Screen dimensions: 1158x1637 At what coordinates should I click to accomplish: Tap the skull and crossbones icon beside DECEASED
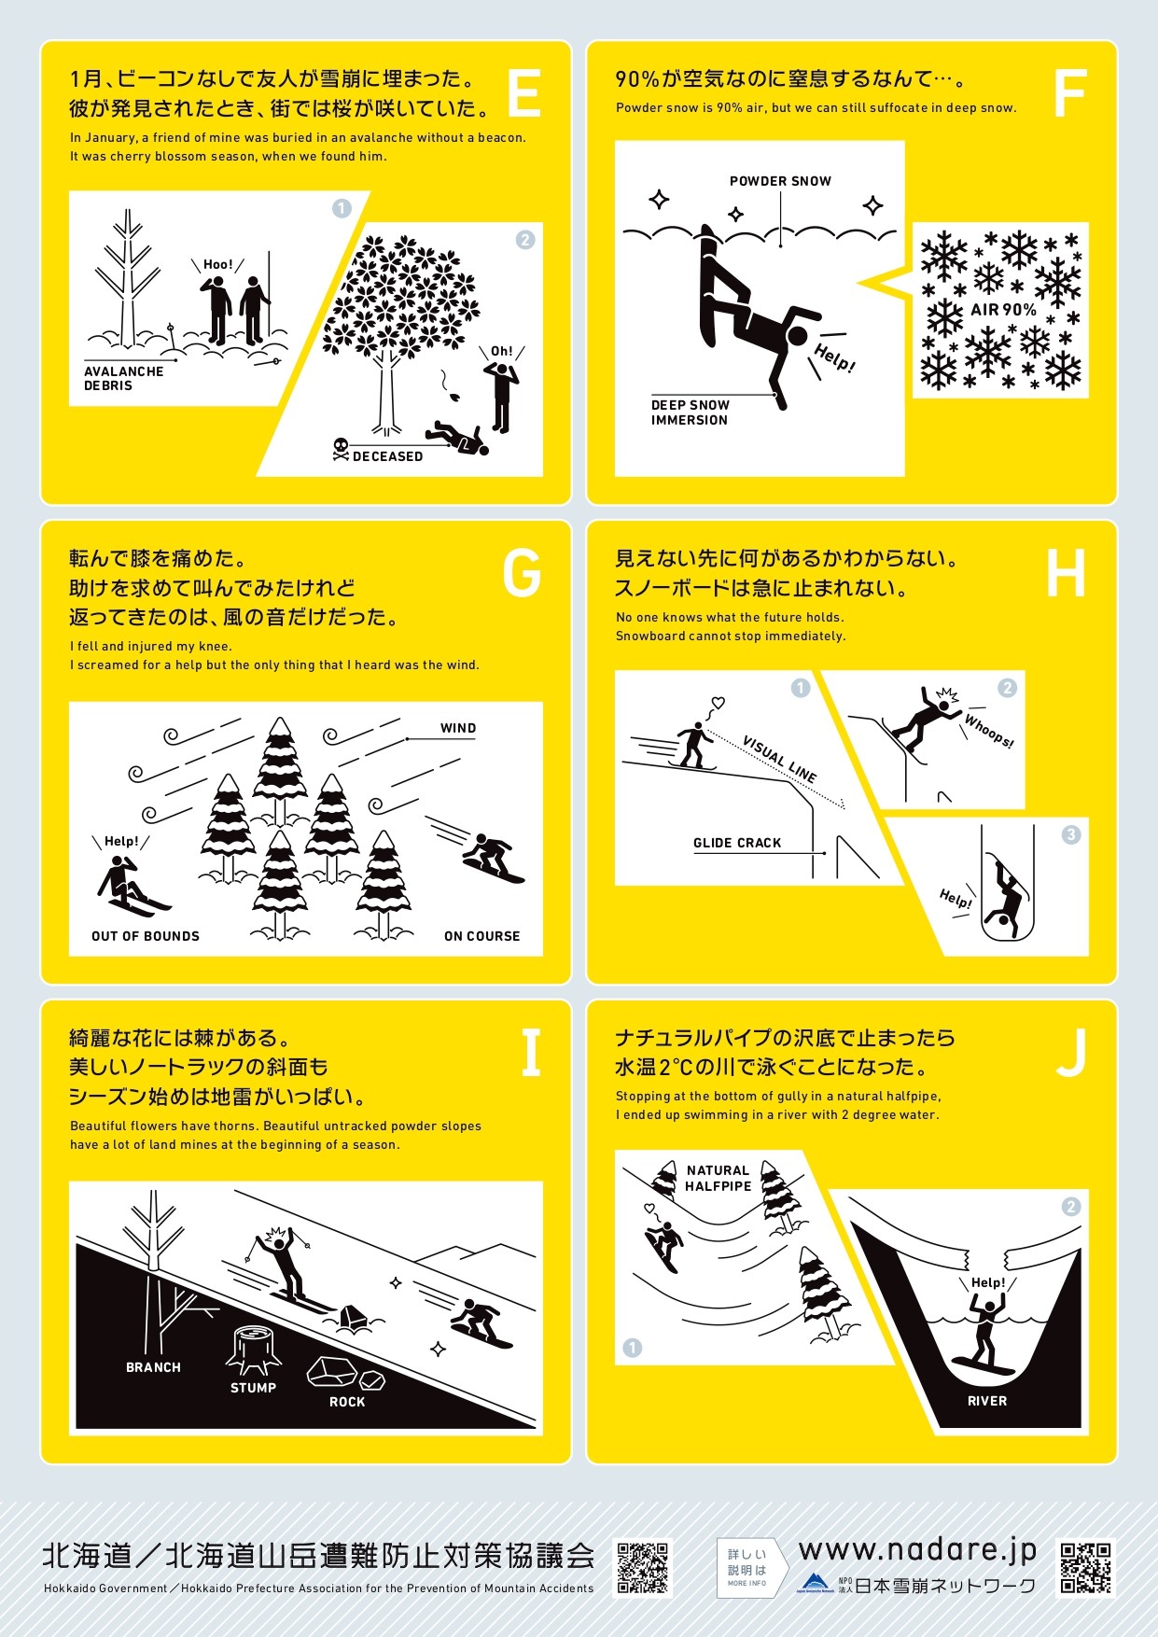341,449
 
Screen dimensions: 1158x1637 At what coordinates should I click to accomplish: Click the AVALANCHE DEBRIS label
123,378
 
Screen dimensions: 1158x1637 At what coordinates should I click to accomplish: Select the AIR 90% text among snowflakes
1003,310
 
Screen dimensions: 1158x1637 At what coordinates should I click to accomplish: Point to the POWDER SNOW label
780,181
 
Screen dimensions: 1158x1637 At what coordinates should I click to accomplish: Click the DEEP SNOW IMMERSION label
690,413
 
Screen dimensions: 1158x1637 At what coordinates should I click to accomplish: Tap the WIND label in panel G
458,728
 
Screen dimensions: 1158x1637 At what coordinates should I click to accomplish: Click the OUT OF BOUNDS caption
146,936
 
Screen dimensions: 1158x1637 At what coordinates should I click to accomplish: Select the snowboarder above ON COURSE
493,858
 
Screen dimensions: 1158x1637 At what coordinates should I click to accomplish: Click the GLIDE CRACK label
737,843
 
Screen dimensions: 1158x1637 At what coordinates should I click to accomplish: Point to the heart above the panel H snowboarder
718,702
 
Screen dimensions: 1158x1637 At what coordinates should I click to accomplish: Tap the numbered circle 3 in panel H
1071,834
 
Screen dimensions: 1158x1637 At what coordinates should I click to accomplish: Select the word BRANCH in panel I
153,1367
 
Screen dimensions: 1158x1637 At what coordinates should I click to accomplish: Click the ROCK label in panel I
347,1402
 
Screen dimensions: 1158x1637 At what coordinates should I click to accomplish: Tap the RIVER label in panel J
987,1401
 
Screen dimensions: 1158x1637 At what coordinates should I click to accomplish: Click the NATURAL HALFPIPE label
718,1178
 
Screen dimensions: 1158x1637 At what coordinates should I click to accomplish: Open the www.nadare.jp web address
918,1551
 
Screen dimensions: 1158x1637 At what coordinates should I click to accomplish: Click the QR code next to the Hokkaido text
643,1568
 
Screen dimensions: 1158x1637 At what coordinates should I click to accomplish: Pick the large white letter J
1071,1053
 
